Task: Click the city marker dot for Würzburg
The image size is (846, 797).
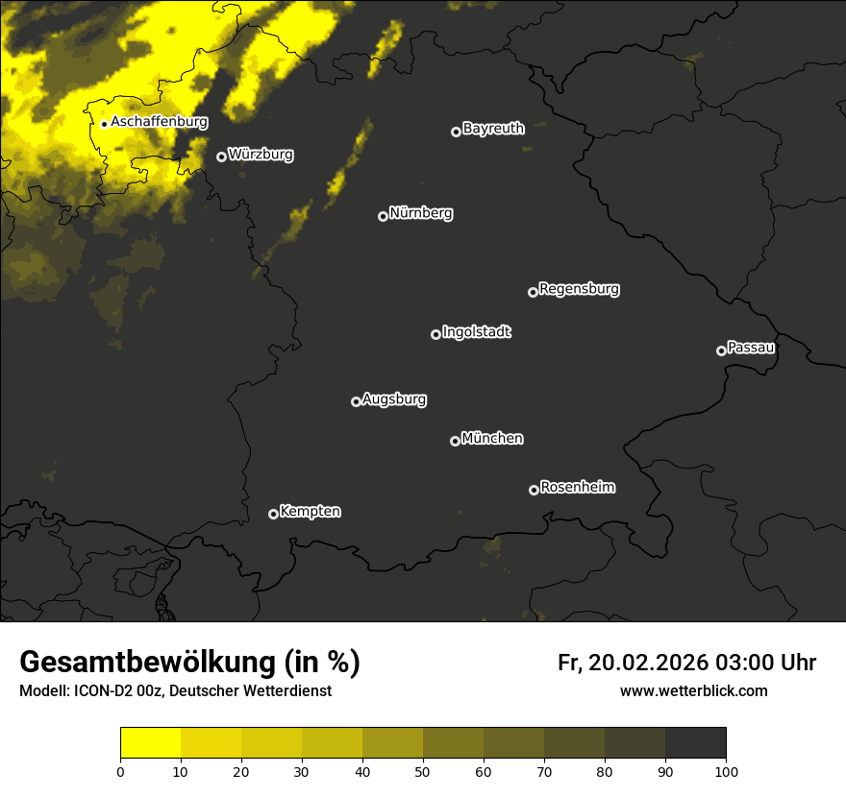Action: coord(221,157)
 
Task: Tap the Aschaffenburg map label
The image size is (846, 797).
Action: coord(159,122)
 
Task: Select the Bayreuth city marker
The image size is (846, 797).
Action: coord(456,132)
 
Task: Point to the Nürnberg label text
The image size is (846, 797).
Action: coord(421,213)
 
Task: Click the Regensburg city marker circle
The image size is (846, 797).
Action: coord(533,292)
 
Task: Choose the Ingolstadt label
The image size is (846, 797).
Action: coord(477,332)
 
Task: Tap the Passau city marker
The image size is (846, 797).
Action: coord(721,350)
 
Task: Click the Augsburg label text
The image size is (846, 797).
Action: coord(394,399)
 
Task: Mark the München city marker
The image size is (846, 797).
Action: coord(455,441)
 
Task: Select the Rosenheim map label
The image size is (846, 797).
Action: coord(577,487)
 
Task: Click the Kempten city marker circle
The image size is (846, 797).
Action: coord(273,514)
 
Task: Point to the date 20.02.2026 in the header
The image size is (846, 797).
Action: coord(650,663)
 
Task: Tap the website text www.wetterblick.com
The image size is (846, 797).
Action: coord(694,691)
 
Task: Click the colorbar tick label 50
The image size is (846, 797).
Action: coord(423,771)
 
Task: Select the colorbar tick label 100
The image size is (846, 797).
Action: coord(726,771)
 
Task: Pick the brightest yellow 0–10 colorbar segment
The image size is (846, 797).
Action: coord(151,743)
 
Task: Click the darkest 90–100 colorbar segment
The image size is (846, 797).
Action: coord(695,743)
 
